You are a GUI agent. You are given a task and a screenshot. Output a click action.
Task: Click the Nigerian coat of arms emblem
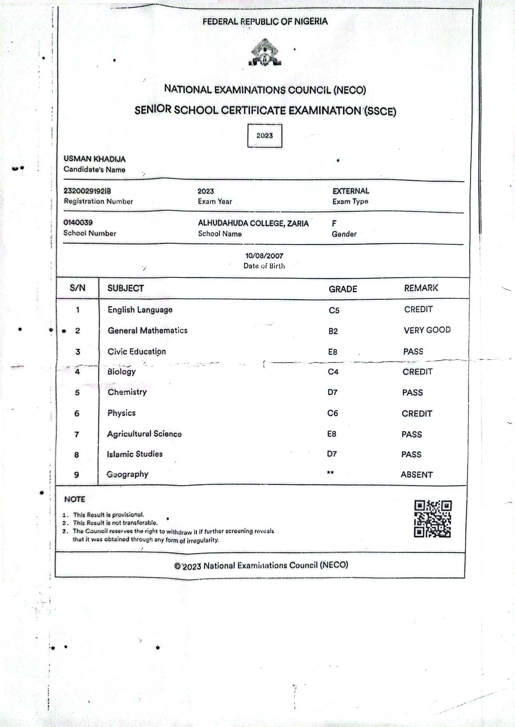coord(265,52)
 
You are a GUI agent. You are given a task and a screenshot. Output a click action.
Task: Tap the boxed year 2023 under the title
coord(265,135)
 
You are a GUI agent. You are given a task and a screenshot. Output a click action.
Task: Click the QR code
coord(432,519)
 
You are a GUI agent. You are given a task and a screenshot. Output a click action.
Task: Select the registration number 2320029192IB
coord(87,191)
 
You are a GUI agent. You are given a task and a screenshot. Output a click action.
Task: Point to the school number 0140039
coord(78,223)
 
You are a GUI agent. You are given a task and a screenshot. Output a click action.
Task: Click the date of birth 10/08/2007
coord(264,256)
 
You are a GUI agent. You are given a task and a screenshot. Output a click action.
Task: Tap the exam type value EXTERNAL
coord(351,191)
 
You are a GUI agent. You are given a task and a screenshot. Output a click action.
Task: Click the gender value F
coord(334,223)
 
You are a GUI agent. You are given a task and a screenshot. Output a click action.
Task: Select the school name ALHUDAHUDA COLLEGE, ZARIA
coord(253,223)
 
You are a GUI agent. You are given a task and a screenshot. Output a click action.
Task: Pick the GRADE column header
coord(343,289)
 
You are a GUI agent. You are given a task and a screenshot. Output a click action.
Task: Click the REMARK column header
coord(421,288)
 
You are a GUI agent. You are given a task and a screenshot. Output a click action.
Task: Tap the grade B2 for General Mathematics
coord(333,331)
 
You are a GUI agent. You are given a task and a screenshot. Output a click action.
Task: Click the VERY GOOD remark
coord(427,330)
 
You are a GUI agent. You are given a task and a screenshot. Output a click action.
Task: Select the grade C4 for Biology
coord(333,372)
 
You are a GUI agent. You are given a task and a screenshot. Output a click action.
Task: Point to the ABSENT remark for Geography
coord(417,475)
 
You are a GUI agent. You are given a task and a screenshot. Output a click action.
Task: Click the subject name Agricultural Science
coord(144,434)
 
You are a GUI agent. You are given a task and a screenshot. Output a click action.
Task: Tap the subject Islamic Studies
coord(135,454)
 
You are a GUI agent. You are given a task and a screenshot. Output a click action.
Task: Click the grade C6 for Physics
coord(333,413)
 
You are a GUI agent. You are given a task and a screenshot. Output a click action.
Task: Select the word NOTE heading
coord(75,499)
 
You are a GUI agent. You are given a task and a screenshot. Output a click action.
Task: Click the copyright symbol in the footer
coord(178,566)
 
